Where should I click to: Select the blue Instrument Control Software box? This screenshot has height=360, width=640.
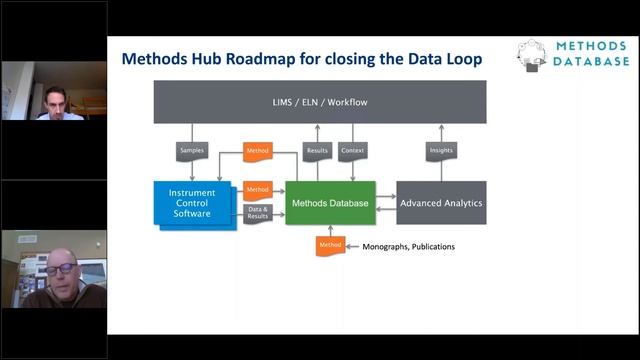pyautogui.click(x=191, y=203)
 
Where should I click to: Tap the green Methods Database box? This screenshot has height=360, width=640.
pyautogui.click(x=329, y=203)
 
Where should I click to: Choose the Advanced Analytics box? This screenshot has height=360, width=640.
pyautogui.click(x=441, y=203)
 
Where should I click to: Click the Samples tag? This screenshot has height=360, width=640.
pyautogui.click(x=191, y=151)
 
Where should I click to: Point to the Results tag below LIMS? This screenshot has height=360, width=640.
pyautogui.click(x=317, y=151)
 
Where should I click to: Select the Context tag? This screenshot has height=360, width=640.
pyautogui.click(x=352, y=151)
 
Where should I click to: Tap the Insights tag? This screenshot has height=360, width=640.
pyautogui.click(x=441, y=151)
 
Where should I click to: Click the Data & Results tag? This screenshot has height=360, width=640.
pyautogui.click(x=258, y=213)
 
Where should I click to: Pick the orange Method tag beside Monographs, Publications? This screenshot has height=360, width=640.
pyautogui.click(x=330, y=245)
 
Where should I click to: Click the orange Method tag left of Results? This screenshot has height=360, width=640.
pyautogui.click(x=258, y=151)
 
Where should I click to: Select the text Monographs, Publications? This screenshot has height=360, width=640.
pyautogui.click(x=407, y=246)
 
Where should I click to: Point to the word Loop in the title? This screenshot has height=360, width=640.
pyautogui.click(x=463, y=59)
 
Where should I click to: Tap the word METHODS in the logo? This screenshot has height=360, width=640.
pyautogui.click(x=593, y=47)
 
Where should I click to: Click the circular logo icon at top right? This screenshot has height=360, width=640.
pyautogui.click(x=534, y=56)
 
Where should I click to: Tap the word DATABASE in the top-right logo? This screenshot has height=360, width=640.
pyautogui.click(x=593, y=62)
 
